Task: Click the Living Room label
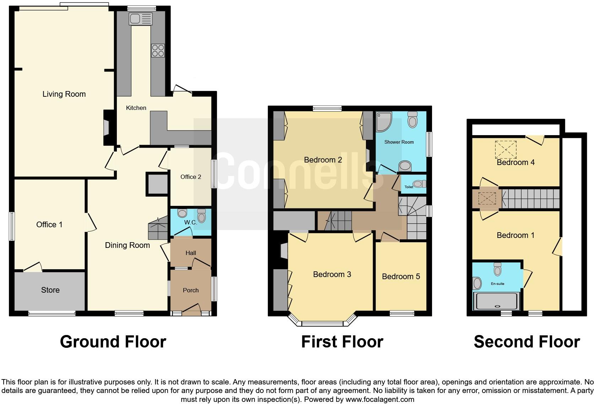coord(64,94)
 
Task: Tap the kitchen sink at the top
coord(141,19)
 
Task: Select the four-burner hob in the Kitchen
coord(158,50)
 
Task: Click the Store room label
coord(50,290)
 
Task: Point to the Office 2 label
coord(191,177)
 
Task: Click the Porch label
coord(191,290)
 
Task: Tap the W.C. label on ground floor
coord(190,222)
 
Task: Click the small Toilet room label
coord(409,187)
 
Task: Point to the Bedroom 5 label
coord(401,276)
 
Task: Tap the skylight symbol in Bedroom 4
coord(506,149)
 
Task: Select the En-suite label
coord(497,283)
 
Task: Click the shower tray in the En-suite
coord(497,301)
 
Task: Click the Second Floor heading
coord(526,342)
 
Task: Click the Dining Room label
coord(127,245)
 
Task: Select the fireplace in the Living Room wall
coord(107,127)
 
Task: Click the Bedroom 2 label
coord(323,160)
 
